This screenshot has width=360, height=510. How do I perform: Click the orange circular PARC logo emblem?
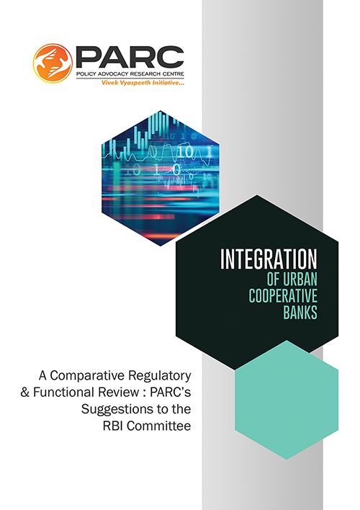[x=53, y=63]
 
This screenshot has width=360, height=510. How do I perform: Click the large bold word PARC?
[x=130, y=58]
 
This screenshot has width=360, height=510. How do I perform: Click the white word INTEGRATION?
[x=269, y=259]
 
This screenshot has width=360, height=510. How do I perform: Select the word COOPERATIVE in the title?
[x=283, y=295]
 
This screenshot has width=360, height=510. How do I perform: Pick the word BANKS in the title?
[x=300, y=312]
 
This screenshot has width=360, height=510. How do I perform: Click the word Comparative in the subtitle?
[x=84, y=376]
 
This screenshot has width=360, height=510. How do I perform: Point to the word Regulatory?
[x=156, y=376]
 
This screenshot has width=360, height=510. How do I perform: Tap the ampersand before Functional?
[x=24, y=392]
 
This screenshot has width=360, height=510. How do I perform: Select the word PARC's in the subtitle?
[x=171, y=392]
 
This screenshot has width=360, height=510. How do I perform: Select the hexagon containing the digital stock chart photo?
[x=161, y=178]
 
